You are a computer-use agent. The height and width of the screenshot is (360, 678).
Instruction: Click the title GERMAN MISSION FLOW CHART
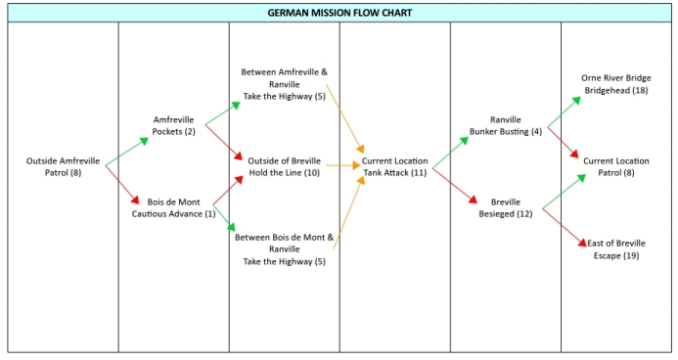pos(339,14)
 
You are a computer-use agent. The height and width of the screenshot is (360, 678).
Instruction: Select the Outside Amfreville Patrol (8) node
pos(63,166)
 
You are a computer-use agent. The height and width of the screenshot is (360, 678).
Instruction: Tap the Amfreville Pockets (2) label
pos(173,125)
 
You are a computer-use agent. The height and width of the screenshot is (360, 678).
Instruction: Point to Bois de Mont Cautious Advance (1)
pos(173,207)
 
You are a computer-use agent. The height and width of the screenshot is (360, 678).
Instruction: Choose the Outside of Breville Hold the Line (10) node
pos(284,166)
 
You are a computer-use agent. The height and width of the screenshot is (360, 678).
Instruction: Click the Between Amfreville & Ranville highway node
pos(284,84)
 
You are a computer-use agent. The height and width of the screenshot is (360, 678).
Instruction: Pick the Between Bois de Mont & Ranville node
pos(284,248)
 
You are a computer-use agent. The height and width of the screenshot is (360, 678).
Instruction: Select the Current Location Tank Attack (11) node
pos(394,166)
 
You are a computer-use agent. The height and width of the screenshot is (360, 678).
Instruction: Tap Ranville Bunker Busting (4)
pos(505,125)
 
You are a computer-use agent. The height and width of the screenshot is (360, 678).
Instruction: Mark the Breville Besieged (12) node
pos(505,207)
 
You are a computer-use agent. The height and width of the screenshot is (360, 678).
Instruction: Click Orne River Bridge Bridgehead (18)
pos(615,84)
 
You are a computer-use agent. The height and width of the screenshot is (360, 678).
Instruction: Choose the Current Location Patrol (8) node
pos(615,166)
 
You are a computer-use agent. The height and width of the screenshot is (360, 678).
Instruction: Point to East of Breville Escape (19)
pos(615,248)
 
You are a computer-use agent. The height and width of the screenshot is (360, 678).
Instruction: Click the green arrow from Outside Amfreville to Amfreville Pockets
pos(127,151)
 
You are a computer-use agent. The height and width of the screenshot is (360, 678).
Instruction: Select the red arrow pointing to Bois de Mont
pos(123,183)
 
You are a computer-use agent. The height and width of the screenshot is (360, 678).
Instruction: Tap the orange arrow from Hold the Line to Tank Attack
pos(343,165)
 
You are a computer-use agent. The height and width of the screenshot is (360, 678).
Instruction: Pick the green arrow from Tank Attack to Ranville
pos(450,152)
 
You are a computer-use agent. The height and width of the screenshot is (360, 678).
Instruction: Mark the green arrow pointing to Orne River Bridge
pos(562,112)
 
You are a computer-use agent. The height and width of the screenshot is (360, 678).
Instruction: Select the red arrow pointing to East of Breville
pos(564,225)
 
